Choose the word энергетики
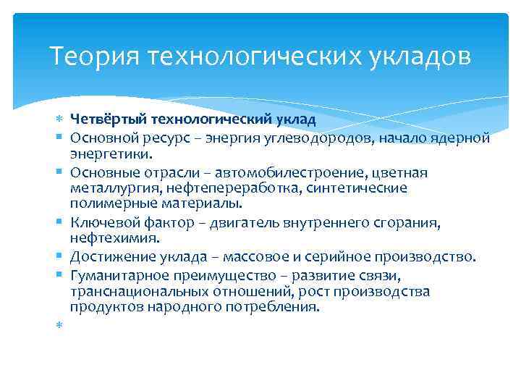pyautogui.click(x=111, y=154)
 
